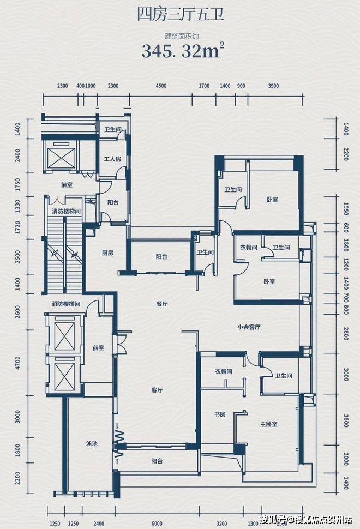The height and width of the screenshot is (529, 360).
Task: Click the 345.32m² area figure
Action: click(x=183, y=50)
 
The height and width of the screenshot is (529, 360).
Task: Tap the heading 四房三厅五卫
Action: click(x=181, y=15)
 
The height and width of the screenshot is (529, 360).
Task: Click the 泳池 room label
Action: click(x=92, y=443)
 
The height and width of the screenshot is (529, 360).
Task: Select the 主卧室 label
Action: click(x=269, y=424)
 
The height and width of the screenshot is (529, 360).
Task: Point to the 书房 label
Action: click(x=220, y=414)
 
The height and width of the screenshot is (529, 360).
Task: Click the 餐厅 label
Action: click(x=162, y=304)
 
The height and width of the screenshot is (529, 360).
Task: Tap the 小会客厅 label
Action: click(x=249, y=327)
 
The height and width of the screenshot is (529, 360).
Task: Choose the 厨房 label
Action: click(x=107, y=253)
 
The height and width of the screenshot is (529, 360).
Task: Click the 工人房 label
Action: click(x=112, y=159)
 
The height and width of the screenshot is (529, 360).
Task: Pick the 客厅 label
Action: click(x=157, y=390)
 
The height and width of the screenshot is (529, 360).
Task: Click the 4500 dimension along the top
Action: click(x=161, y=86)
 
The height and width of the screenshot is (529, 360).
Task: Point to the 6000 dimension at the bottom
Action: click(x=157, y=523)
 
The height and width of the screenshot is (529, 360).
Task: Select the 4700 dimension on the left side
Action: click(x=17, y=363)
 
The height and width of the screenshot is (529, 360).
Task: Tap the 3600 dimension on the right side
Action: click(x=345, y=420)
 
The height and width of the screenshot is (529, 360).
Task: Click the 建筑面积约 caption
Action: click(x=184, y=36)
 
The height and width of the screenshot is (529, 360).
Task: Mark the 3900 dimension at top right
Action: click(x=273, y=86)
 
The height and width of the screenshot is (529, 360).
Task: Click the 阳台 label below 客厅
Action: click(x=157, y=461)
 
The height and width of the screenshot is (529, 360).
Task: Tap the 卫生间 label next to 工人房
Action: click(x=112, y=129)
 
